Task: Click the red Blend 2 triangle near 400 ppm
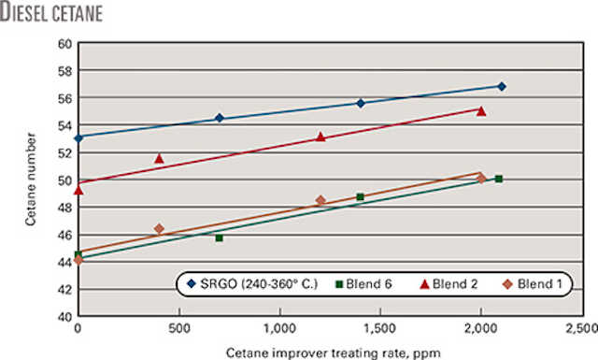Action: click(x=159, y=159)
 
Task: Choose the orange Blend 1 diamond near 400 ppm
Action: click(x=159, y=229)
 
